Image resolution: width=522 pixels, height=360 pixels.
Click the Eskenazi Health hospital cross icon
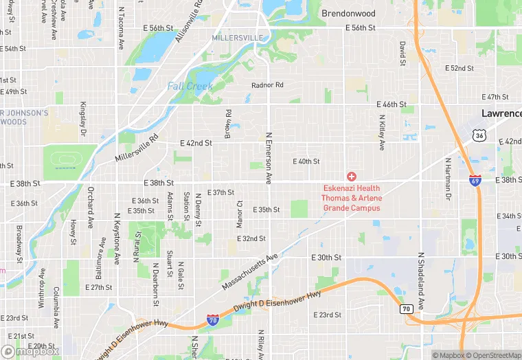[352, 177]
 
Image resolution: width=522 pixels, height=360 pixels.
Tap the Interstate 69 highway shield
[475, 181]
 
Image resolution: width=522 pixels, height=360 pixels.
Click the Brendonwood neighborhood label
[349, 13]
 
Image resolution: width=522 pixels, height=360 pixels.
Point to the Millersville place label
[237, 37]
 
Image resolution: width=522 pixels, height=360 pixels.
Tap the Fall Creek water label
[190, 87]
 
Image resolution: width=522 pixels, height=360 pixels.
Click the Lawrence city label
[501, 113]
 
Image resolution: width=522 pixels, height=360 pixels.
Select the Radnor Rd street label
[267, 85]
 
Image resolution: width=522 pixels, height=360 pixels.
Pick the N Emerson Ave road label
[269, 159]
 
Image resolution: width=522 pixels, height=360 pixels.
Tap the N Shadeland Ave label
[421, 278]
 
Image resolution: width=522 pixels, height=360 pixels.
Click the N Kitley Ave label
[382, 133]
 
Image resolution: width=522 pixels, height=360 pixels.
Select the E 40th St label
[306, 161]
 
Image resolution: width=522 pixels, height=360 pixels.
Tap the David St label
[403, 50]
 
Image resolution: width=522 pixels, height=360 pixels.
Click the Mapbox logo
[30, 350]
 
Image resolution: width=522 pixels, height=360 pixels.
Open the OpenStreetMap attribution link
[492, 355]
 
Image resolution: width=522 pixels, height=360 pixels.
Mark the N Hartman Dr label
[447, 179]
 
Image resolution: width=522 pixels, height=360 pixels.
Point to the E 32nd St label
[251, 238]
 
